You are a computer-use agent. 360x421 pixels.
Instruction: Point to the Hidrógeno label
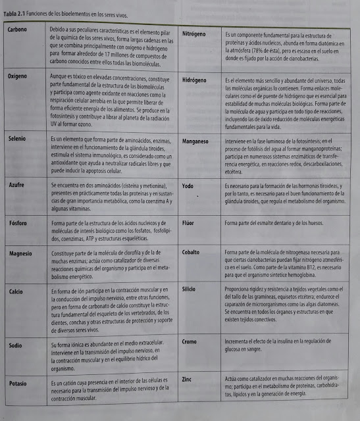click(195, 80)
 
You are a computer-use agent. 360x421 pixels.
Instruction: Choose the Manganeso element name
click(196, 140)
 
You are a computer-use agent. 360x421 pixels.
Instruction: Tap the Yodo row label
click(188, 186)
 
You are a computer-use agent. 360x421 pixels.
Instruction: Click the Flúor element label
click(188, 223)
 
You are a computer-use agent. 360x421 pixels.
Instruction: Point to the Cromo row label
click(190, 342)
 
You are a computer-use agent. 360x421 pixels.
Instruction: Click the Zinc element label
click(187, 380)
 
